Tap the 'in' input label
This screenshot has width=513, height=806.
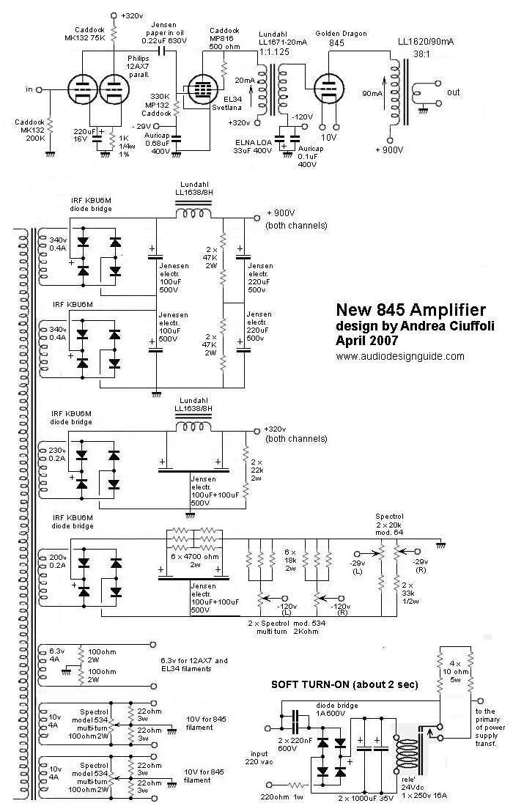pos(29,89)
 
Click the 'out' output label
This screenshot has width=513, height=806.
pos(454,93)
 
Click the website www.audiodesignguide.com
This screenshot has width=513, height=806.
pos(400,356)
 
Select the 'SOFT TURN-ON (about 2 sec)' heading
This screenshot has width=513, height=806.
pos(344,684)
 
